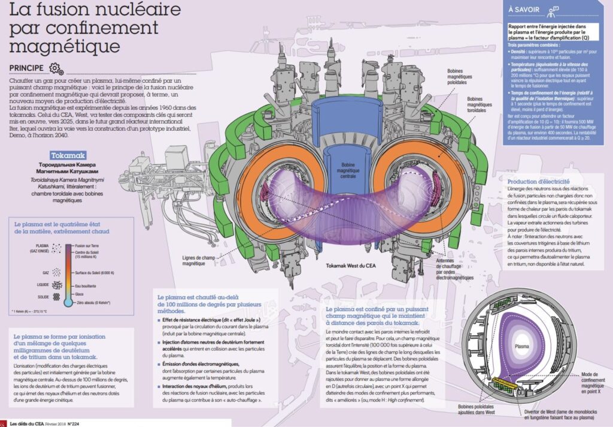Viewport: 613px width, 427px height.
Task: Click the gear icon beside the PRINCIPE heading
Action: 55,67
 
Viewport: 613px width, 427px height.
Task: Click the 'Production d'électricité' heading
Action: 538,181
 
